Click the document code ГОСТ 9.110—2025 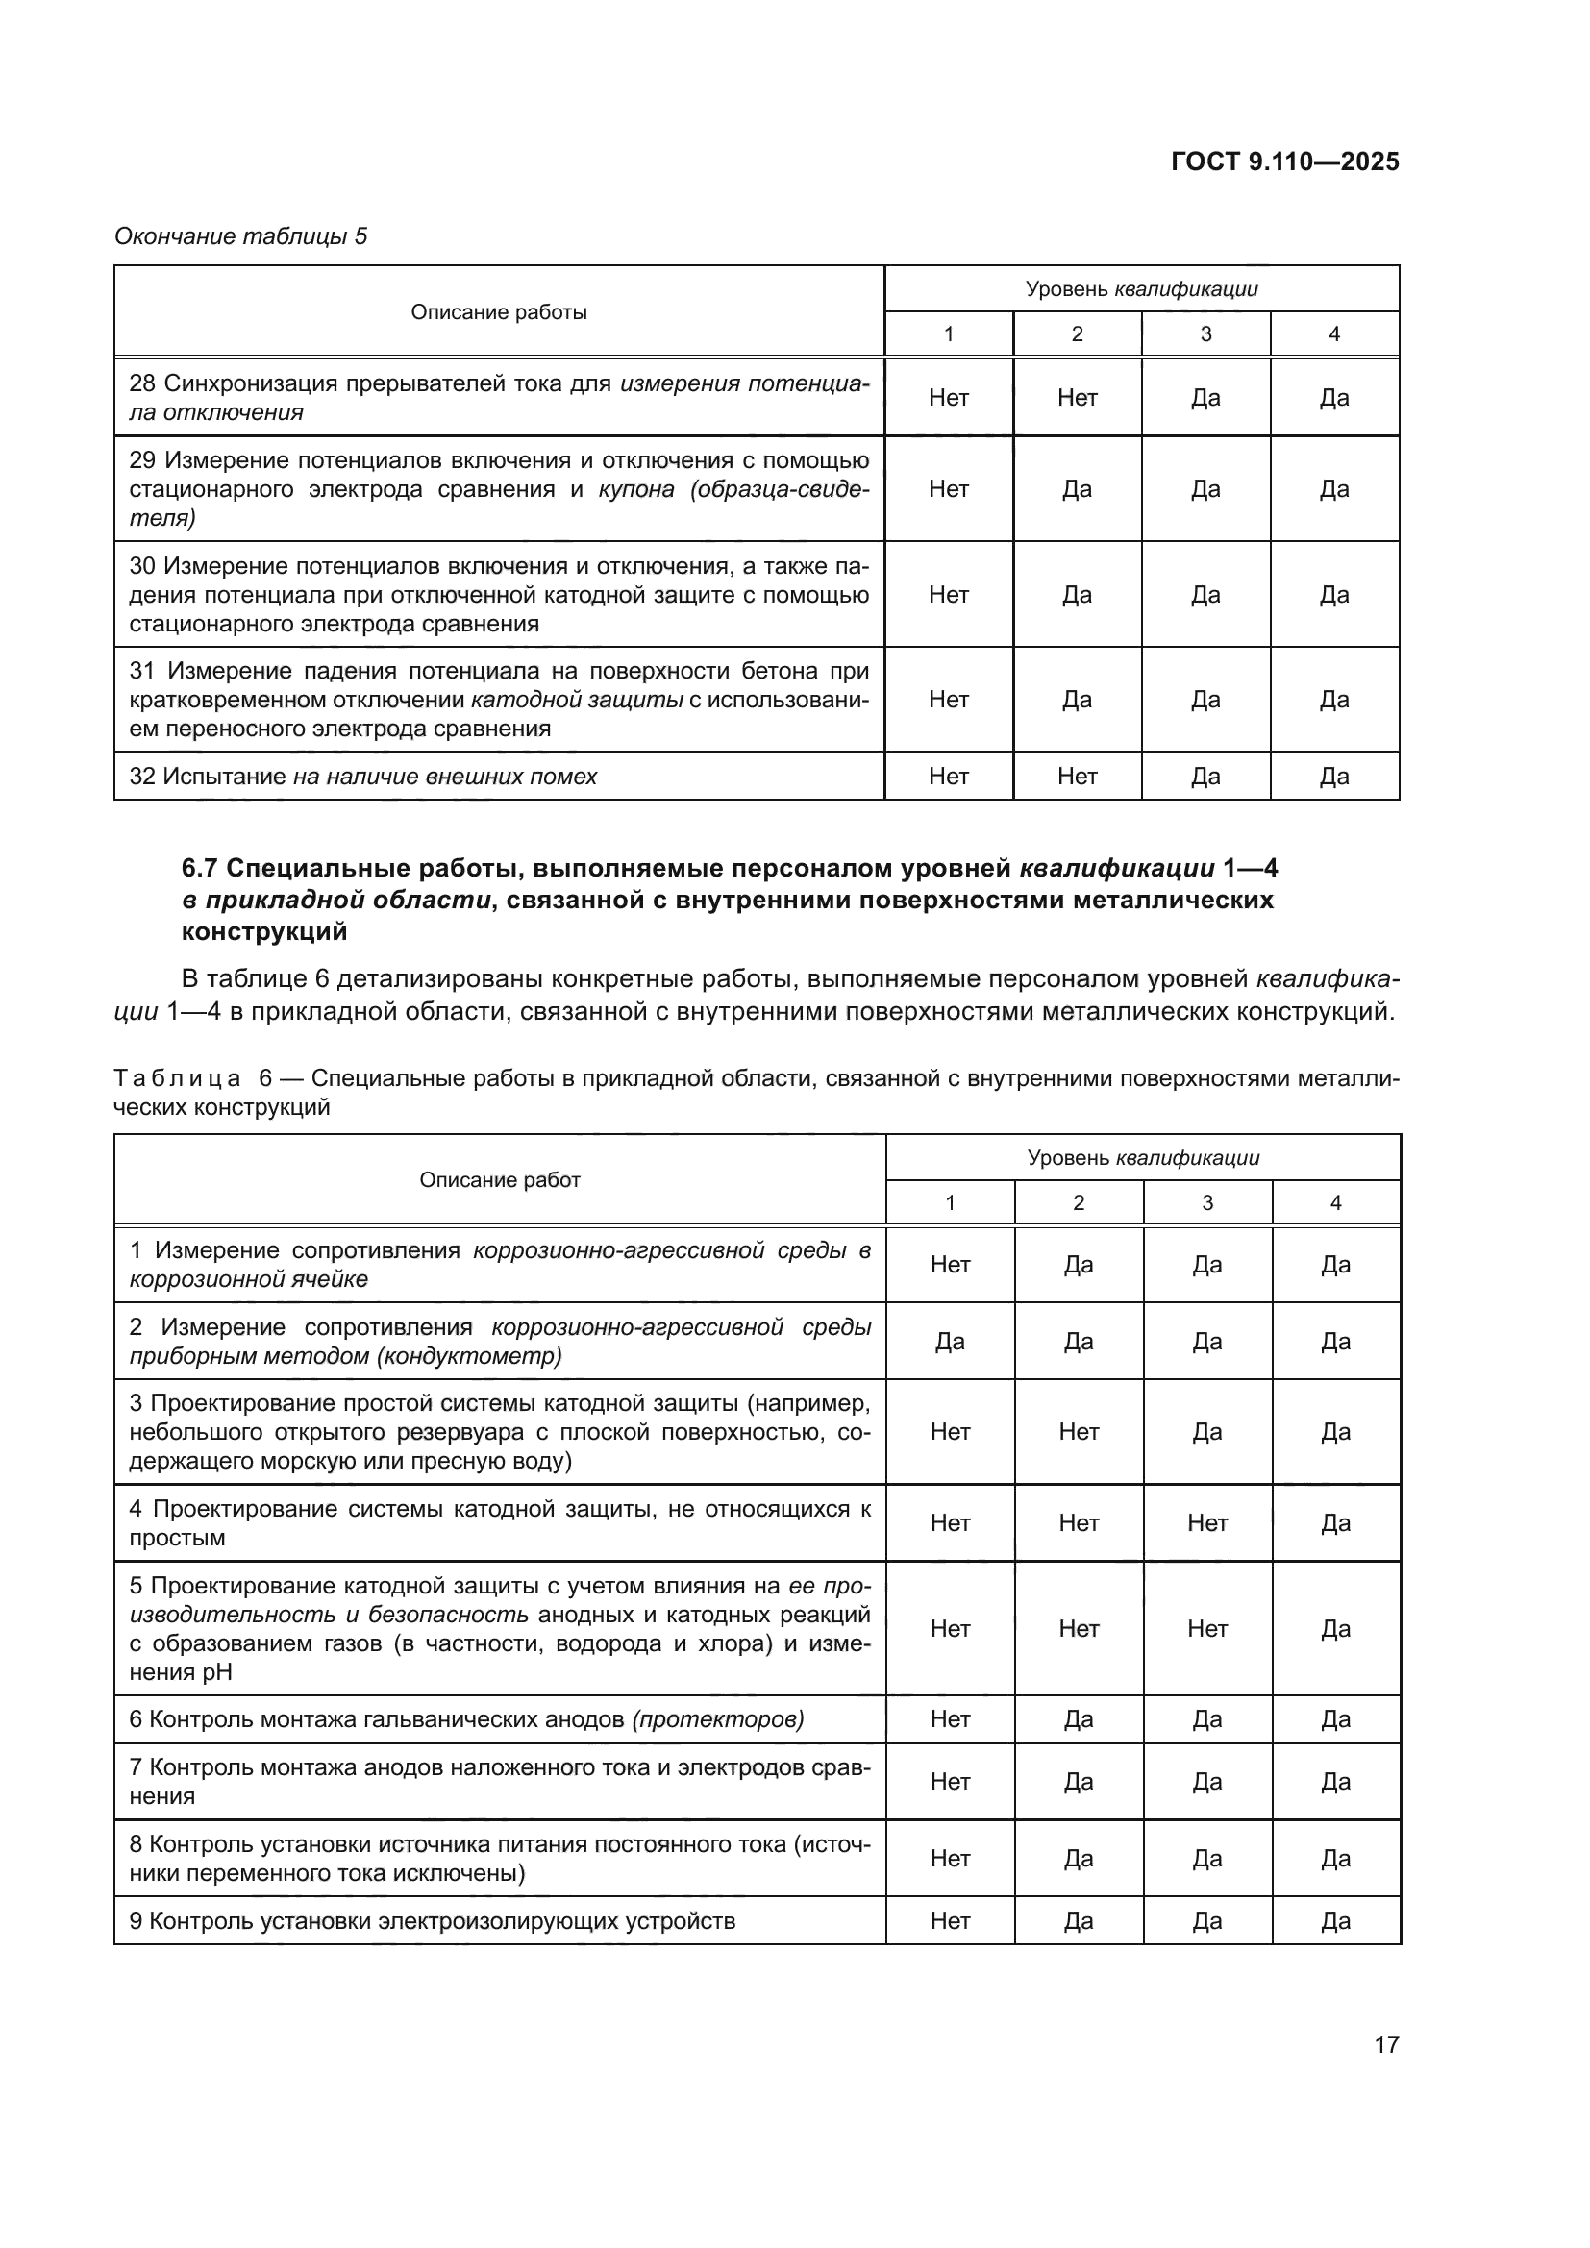[x=1284, y=161]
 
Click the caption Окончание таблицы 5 [x=241, y=236]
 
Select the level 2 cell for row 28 [x=1077, y=398]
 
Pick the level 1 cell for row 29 [x=948, y=488]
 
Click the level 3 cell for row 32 [x=1205, y=777]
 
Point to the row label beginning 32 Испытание [x=362, y=777]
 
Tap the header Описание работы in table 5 [x=498, y=312]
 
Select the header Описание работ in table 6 [x=499, y=1181]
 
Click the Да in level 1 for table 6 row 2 [x=950, y=1342]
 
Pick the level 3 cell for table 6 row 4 [x=1207, y=1522]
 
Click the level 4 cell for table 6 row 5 [x=1335, y=1628]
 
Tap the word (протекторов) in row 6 [x=718, y=1719]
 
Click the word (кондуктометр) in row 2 [x=468, y=1356]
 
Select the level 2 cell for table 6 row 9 [x=1078, y=1921]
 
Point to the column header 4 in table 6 [x=1335, y=1203]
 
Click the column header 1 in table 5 [x=948, y=334]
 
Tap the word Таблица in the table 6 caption [x=177, y=1079]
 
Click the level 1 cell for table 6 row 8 [x=950, y=1859]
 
